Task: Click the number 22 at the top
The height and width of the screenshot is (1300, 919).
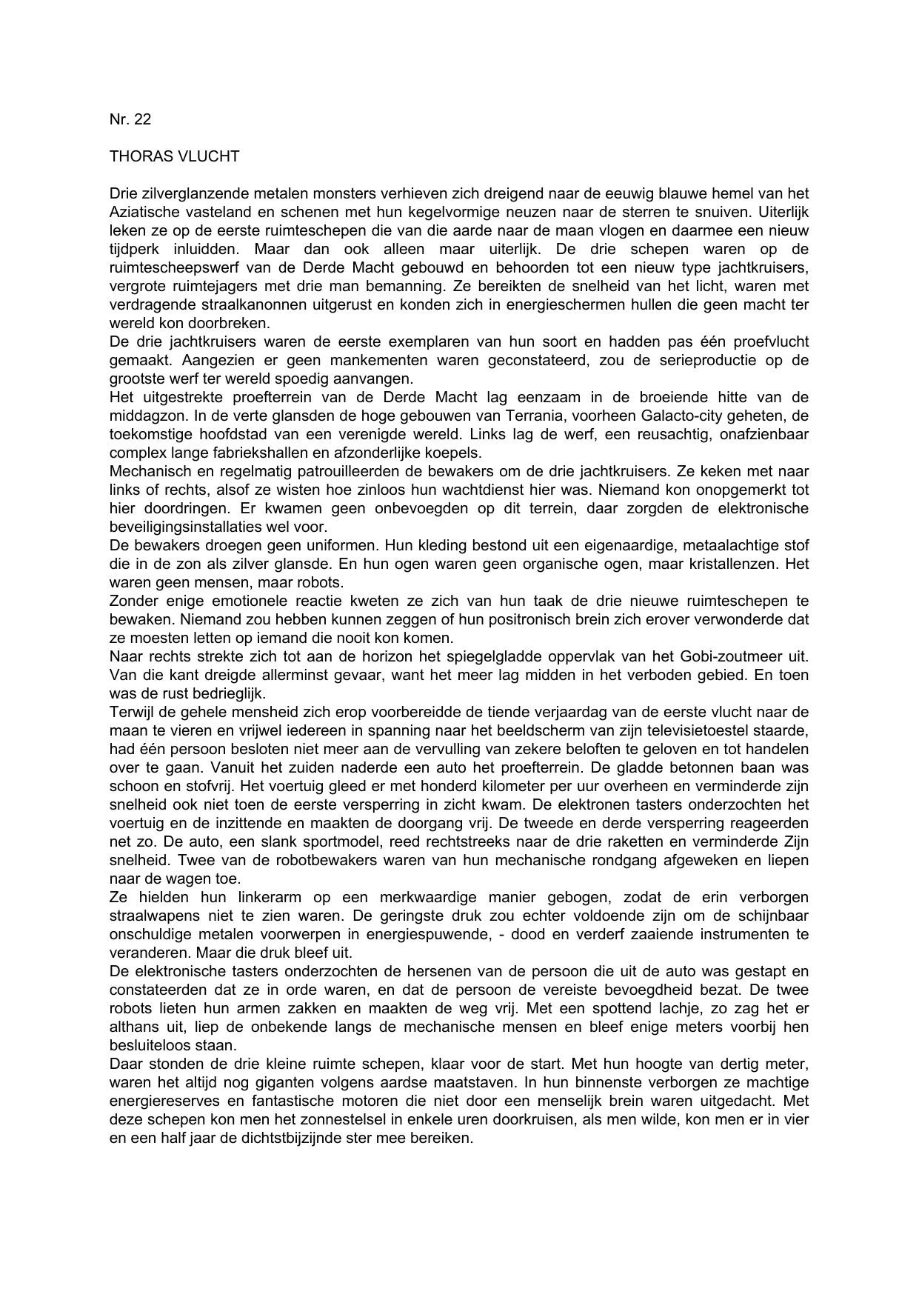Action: (x=142, y=119)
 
